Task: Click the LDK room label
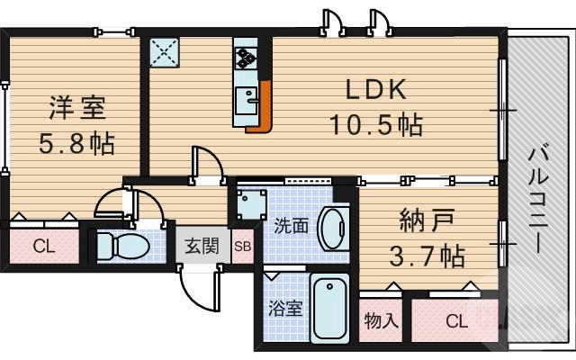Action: pos(377,90)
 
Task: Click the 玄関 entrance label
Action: pos(202,246)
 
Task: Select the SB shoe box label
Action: pos(243,246)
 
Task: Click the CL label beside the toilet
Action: pos(42,246)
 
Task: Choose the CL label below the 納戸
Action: pos(455,319)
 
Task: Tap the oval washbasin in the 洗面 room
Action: pos(332,226)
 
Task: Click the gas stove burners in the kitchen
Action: pos(246,57)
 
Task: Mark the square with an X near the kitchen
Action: pos(165,53)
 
